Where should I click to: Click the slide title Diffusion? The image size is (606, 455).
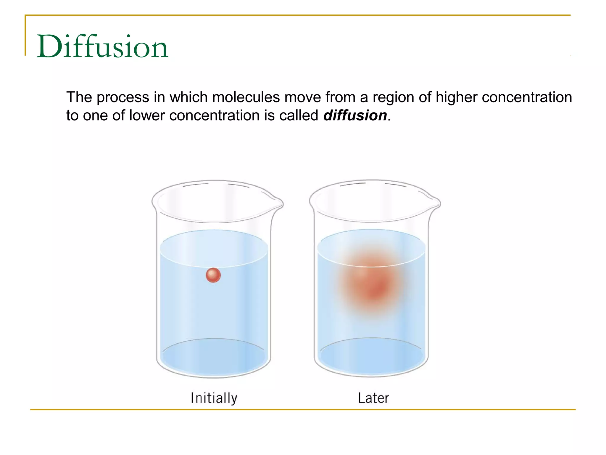pos(102,47)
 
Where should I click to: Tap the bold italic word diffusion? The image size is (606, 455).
pos(355,115)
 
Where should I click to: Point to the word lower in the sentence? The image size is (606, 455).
pos(147,115)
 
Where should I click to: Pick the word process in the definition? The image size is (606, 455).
pos(123,98)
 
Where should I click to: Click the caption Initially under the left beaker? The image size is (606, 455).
pos(214,398)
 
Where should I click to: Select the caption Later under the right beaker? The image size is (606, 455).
pos(373,398)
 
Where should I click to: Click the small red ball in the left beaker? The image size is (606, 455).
pos(213,275)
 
